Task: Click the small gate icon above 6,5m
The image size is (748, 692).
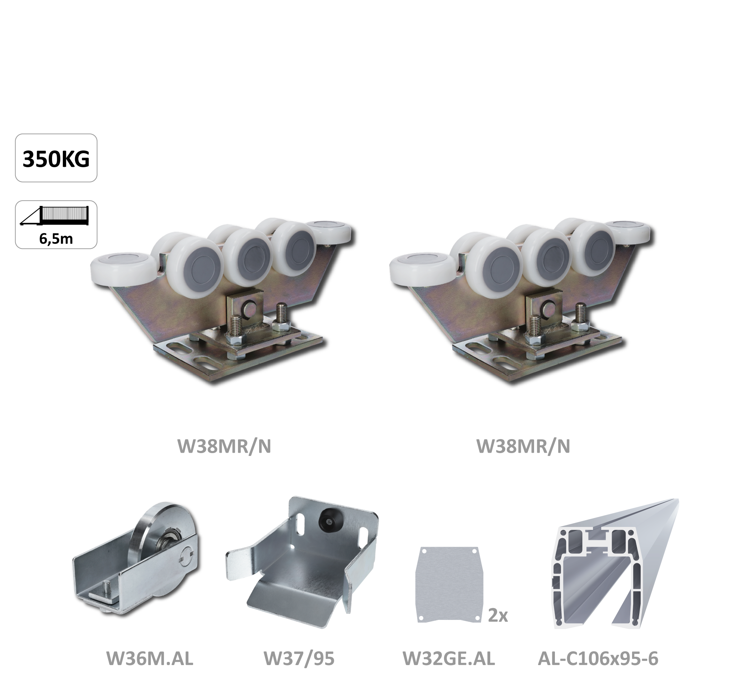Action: [x=55, y=216]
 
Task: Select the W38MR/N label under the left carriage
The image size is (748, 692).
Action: [x=224, y=446]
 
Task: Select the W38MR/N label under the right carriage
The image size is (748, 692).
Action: [x=523, y=446]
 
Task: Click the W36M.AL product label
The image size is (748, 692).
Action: [x=150, y=659]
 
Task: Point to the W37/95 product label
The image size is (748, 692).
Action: [x=299, y=659]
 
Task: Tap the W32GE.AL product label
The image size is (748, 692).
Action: [x=449, y=659]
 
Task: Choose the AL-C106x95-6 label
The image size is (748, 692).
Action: [x=598, y=659]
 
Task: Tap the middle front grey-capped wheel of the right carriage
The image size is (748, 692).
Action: [x=547, y=254]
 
